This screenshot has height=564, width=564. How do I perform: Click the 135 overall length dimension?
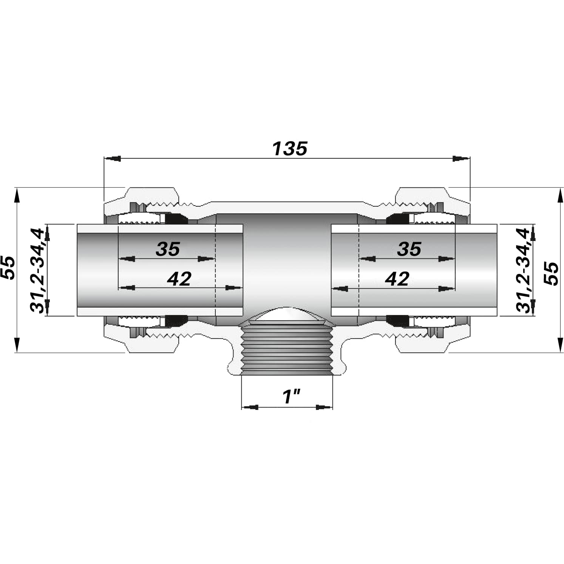tap(290, 148)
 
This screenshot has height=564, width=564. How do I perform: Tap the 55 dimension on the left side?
tap(8, 268)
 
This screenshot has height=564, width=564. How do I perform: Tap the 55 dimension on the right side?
tap(552, 274)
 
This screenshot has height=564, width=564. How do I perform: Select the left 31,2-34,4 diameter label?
tap(37, 270)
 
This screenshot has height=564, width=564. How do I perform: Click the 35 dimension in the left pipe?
tap(168, 249)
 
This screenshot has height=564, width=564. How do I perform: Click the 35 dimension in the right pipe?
tap(409, 249)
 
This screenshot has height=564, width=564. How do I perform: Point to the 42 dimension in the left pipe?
tap(179, 279)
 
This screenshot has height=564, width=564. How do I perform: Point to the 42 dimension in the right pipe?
tap(397, 279)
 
